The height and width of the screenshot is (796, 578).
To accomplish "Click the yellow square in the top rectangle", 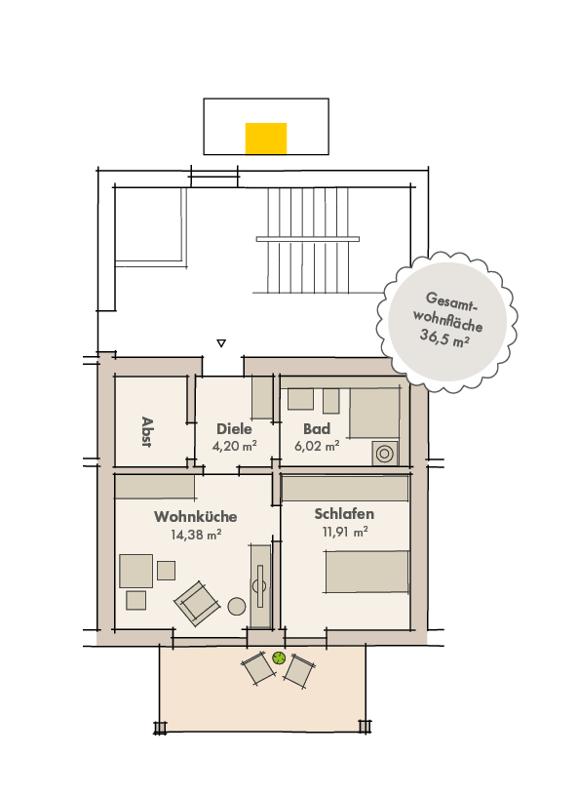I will click(265, 138).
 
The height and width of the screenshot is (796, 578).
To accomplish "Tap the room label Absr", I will click(147, 429).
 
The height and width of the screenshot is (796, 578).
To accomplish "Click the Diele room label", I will click(234, 428).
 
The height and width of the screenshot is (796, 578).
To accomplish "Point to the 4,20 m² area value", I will click(234, 446).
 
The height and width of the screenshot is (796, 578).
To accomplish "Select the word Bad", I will click(317, 428).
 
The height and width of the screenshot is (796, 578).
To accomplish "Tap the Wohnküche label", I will click(195, 516).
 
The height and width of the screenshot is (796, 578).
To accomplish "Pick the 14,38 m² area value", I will click(195, 534).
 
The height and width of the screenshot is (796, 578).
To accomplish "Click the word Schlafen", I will click(344, 514).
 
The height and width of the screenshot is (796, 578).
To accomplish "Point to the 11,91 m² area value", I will click(345, 532).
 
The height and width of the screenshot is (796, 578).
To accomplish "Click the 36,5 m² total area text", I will click(445, 339).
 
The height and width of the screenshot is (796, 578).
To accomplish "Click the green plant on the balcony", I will click(279, 657).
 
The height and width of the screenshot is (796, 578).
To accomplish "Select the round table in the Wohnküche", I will click(236, 606).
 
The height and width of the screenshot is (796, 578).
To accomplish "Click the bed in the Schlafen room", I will click(366, 572).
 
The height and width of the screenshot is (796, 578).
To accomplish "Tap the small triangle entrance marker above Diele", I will click(221, 342).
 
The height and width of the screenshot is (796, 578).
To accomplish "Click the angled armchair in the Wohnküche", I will click(198, 602).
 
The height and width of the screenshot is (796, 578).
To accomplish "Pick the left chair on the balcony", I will click(258, 669).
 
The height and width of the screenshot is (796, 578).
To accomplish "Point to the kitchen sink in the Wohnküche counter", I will click(259, 584).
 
